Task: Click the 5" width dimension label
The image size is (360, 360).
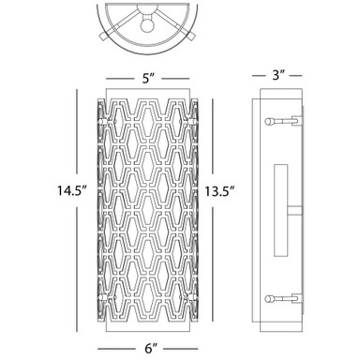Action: [148, 79]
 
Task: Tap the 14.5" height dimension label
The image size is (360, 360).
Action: [71, 190]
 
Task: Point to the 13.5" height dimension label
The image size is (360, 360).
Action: [219, 191]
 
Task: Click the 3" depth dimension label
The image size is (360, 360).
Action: [278, 75]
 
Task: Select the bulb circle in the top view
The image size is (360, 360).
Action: [146, 25]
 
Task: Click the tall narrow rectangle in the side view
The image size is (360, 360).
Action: [281, 210]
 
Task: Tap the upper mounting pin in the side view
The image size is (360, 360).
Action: [283, 121]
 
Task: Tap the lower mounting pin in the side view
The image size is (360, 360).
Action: [283, 299]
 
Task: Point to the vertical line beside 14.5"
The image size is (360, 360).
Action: [77, 211]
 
